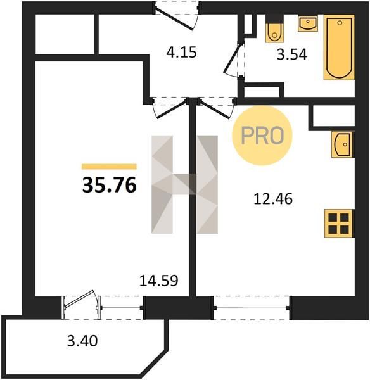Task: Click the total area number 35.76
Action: click(110, 186)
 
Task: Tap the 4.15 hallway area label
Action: click(181, 53)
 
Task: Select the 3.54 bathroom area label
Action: click(292, 54)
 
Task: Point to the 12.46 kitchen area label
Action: click(273, 199)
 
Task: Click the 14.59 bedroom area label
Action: click(159, 281)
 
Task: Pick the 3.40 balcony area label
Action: click(82, 341)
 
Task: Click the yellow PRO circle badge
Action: click(262, 136)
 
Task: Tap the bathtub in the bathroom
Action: click(339, 47)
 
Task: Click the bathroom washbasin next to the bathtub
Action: click(308, 24)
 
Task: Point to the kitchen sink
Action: click(343, 144)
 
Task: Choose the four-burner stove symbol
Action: click(339, 224)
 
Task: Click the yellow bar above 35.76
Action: click(109, 167)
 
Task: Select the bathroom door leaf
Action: click(233, 58)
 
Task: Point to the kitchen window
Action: click(252, 308)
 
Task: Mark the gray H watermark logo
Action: click(185, 184)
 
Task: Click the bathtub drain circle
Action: click(340, 23)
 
